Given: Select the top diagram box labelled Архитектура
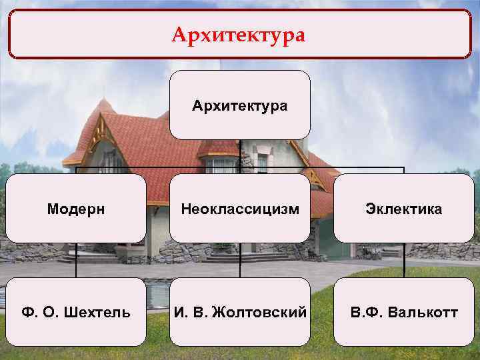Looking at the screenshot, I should (240, 105).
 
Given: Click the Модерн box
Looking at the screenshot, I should (75, 209).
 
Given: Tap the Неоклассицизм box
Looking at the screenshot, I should (240, 209).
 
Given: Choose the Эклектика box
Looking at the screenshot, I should (403, 209).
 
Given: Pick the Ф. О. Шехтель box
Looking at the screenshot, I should (75, 312).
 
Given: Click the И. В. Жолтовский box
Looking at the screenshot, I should (240, 312).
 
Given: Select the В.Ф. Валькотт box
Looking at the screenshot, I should (403, 312).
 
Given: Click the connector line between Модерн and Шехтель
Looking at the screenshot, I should (75, 260).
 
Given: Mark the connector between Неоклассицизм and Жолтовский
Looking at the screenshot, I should (240, 260).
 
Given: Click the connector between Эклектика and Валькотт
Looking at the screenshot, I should (404, 260).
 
